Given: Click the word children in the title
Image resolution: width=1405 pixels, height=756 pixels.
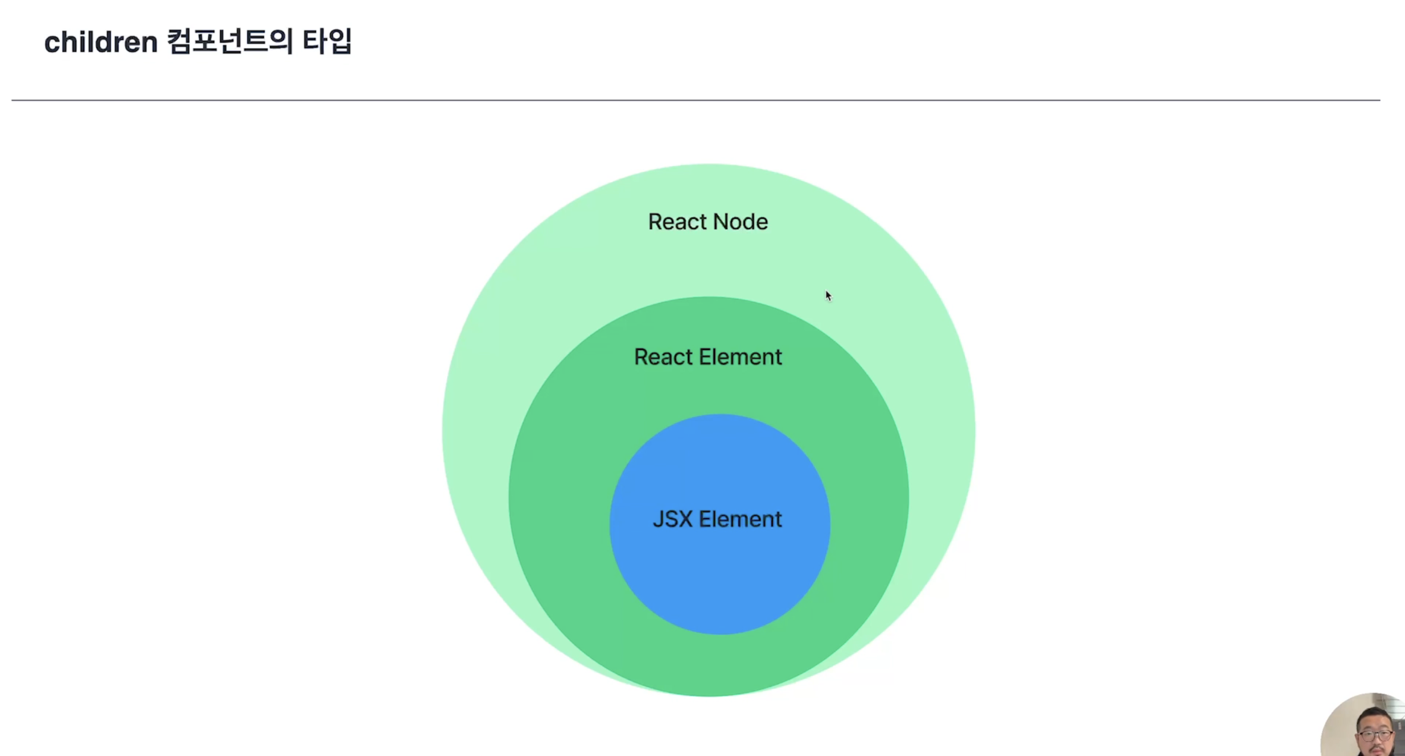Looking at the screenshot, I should [x=101, y=42].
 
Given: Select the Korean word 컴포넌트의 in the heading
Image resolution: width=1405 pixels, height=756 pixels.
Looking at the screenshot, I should [x=230, y=41].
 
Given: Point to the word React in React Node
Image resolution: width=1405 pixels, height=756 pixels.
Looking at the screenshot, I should [x=676, y=222].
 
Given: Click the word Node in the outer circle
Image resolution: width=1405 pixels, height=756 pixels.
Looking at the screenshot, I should [x=740, y=222].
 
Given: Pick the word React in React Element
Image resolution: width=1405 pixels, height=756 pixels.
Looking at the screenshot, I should [x=662, y=357].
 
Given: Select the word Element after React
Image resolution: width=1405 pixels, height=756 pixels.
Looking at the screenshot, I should [x=740, y=357].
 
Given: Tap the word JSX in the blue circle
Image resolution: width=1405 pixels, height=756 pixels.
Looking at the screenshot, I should [x=672, y=519].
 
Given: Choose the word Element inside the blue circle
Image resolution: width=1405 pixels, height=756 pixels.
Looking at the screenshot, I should [x=740, y=519].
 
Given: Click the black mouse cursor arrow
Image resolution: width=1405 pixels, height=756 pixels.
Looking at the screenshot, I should [x=828, y=295].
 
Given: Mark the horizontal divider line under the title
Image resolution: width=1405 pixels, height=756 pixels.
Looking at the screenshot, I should [x=695, y=100].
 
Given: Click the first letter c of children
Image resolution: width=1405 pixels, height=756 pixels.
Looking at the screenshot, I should [x=52, y=44].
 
